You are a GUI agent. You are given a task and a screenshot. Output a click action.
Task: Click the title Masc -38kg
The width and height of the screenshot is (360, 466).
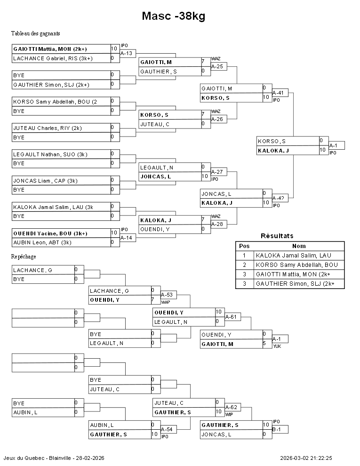coord(173,16)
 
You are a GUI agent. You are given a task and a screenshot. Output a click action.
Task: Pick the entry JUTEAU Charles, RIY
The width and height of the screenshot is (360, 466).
coord(47,128)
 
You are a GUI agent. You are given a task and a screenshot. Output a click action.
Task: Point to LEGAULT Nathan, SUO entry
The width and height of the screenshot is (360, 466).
coord(50,154)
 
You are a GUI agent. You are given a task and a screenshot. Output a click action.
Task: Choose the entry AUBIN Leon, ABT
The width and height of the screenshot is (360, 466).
coord(42,242)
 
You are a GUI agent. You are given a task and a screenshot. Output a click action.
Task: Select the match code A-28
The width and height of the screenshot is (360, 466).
coord(218,224)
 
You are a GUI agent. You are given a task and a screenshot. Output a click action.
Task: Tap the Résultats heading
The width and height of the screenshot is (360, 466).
coord(277,236)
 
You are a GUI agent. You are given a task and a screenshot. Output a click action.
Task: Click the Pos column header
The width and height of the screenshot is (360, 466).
coord(244,246)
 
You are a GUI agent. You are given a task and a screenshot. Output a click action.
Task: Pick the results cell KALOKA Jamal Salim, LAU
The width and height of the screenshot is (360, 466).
coord(293,255)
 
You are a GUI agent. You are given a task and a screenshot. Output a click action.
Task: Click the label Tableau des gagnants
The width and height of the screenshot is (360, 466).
coord(36,33)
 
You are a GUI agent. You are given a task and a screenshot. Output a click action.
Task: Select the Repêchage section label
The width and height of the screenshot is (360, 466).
coord(24,257)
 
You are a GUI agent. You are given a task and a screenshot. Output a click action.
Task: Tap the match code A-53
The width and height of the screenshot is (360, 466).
coord(168,295)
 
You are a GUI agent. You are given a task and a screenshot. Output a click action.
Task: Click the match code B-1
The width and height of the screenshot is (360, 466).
coord(277,429)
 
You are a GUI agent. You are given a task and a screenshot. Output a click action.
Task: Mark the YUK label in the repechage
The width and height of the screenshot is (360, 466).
coord(277,345)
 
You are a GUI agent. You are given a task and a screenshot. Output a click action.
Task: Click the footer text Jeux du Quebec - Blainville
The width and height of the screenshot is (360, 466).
coord(54,458)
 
